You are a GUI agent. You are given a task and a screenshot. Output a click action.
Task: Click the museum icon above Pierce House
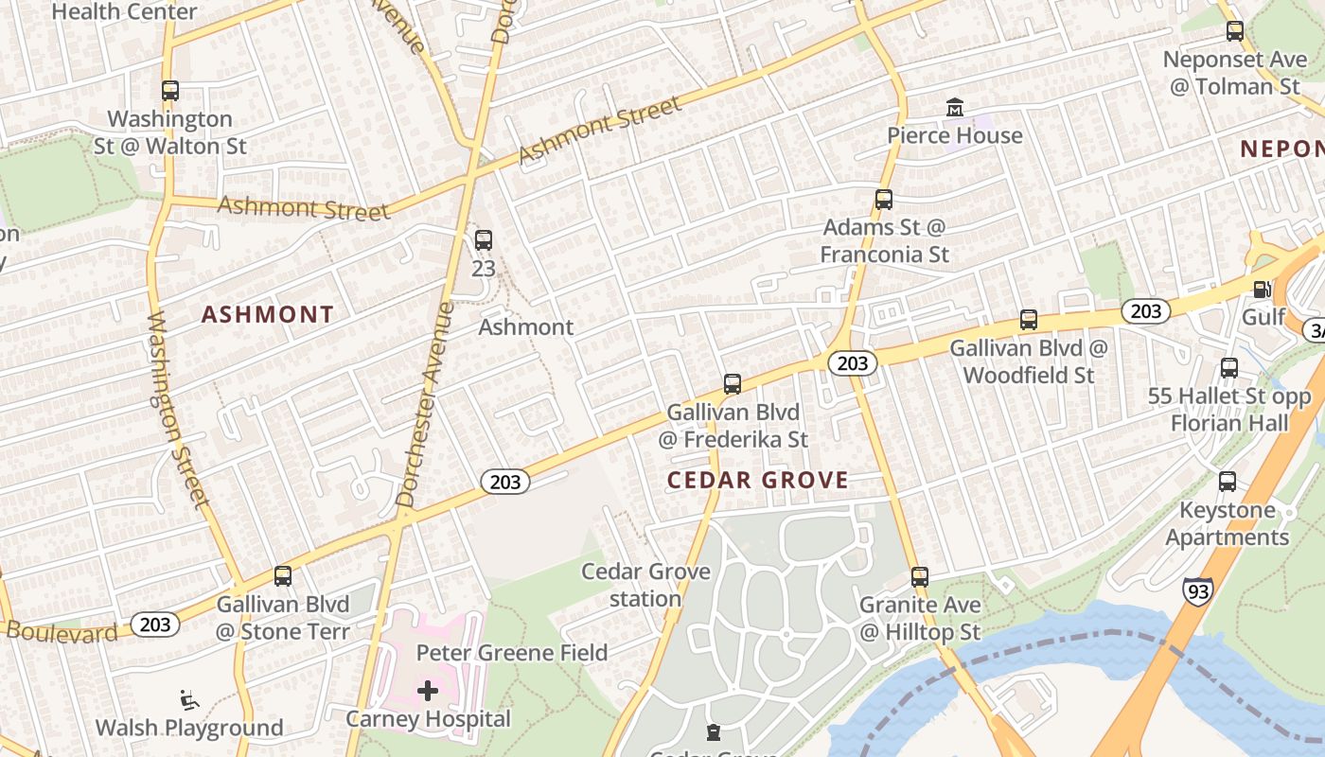[954, 108]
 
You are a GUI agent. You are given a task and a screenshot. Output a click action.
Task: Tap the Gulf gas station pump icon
[1262, 290]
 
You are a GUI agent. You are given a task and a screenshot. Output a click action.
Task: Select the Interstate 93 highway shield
[1196, 590]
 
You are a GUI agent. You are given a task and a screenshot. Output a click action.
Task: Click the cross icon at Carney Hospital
[428, 691]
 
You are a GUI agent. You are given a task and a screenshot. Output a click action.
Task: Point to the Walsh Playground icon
[189, 701]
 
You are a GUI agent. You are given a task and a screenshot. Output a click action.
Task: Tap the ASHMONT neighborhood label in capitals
[268, 315]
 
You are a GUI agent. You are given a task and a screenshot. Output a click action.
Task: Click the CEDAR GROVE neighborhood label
[757, 480]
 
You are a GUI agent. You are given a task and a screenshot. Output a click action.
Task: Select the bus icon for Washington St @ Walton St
[170, 91]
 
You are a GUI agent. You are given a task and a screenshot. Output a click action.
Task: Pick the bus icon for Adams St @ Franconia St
[884, 200]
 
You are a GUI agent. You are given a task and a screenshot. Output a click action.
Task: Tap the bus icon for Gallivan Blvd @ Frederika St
[733, 384]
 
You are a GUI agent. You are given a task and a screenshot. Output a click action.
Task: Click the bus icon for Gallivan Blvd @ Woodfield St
[1029, 320]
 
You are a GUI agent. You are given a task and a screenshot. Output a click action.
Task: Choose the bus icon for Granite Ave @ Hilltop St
[920, 576]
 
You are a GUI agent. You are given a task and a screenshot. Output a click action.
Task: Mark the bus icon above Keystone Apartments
[1228, 482]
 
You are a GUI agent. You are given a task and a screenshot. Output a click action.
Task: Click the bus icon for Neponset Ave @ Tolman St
[1235, 31]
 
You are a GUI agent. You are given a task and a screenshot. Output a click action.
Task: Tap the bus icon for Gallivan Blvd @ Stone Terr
[283, 576]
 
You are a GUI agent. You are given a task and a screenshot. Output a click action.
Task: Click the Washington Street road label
[177, 409]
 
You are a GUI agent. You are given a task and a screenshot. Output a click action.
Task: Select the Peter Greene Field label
[512, 652]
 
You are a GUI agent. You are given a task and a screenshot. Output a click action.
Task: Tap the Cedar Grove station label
[645, 585]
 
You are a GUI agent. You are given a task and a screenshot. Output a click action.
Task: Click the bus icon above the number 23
[484, 240]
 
